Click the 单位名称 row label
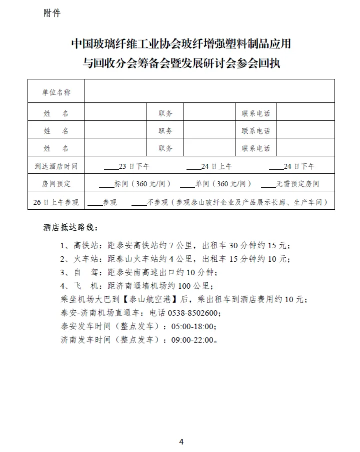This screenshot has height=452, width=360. point(56,92)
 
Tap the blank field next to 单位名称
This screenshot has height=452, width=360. point(209,92)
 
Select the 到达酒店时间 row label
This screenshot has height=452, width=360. point(56,166)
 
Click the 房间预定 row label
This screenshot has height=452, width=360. point(56,184)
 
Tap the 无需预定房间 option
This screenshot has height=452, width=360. point(297,184)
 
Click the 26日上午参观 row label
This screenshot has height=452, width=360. point(56,202)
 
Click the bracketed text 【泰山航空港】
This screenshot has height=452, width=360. point(150,300)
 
